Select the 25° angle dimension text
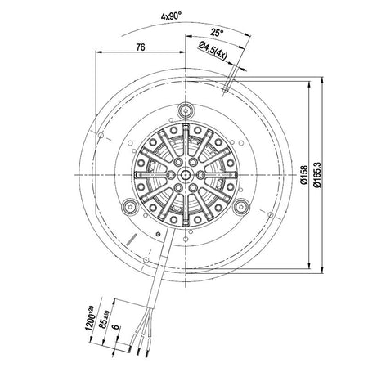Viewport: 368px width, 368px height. [x=215, y=34]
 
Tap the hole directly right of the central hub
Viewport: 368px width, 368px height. [x=199, y=173]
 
